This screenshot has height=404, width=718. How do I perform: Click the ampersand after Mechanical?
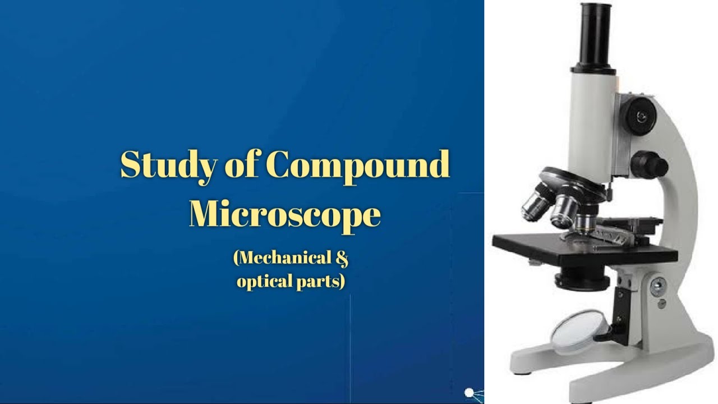342,258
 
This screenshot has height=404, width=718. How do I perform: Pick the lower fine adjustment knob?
649,166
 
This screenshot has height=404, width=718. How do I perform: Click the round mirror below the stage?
578,332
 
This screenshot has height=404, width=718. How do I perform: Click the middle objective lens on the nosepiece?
563,212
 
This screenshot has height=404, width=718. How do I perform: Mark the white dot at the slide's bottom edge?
469,393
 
